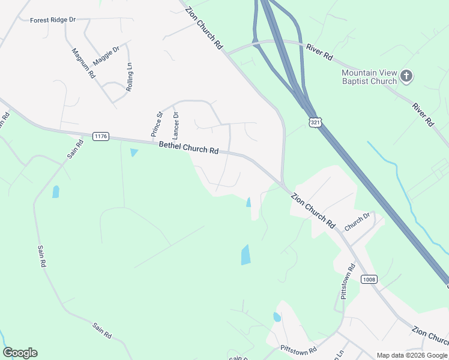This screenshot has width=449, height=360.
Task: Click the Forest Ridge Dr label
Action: coord(53,20)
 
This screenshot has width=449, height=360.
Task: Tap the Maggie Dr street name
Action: coord(107,52)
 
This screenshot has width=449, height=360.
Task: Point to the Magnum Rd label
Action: coord(83,64)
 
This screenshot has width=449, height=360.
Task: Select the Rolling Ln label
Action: coord(129,76)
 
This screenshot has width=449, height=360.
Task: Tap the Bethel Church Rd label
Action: coord(188,148)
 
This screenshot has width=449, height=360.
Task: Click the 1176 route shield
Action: coord(101,137)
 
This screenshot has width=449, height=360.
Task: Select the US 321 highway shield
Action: coord(315,122)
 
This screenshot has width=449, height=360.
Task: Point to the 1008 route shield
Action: coord(369,279)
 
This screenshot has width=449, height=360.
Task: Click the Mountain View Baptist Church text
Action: coord(369,77)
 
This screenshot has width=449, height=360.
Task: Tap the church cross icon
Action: coord(407,76)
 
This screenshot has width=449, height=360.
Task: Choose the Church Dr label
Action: coord(357,221)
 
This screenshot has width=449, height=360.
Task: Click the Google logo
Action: coord(20,353)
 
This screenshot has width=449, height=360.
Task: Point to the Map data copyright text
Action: coord(411,355)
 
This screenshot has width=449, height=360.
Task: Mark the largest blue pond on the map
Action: coord(246,254)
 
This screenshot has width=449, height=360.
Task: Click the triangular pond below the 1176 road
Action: coord(133,152)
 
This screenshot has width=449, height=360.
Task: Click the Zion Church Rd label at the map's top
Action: coord(204,28)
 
